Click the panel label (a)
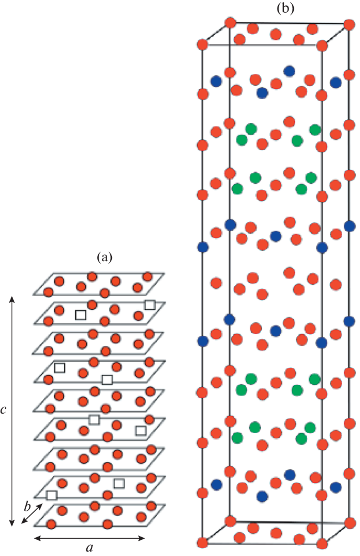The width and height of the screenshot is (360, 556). tap(104, 258)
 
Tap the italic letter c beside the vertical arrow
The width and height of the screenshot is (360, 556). tap(4, 410)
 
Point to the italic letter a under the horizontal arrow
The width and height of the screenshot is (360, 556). tap(89, 549)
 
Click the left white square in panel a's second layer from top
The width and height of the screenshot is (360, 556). tap(80, 314)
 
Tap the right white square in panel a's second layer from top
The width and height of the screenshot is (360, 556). tap(150, 304)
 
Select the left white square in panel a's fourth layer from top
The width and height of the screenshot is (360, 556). tap(59, 367)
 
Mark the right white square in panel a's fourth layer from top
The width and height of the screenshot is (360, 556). tap(107, 379)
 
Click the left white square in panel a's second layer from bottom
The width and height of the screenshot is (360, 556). tap(52, 495)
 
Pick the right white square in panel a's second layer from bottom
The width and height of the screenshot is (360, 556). tap(119, 483)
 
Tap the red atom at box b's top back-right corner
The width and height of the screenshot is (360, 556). tap(348, 24)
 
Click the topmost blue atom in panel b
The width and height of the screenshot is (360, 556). tap(289, 70)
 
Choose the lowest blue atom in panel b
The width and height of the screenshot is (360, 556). tap(262, 496)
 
